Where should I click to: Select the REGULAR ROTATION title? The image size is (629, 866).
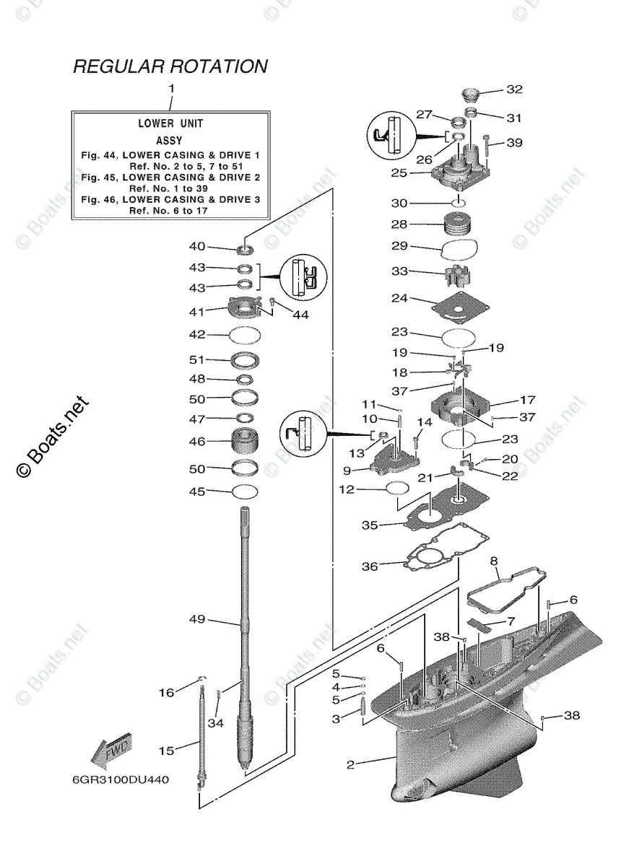tap(170, 66)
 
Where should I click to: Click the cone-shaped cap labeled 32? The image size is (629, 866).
tap(472, 95)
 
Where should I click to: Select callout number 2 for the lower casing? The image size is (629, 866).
tap(351, 764)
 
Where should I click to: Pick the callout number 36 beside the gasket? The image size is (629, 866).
tap(369, 567)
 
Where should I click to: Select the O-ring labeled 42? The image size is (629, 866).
tap(245, 335)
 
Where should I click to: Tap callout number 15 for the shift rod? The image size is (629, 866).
tap(167, 751)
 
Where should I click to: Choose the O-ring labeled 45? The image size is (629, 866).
tap(245, 492)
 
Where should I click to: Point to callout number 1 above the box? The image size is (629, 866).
tap(171, 88)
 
